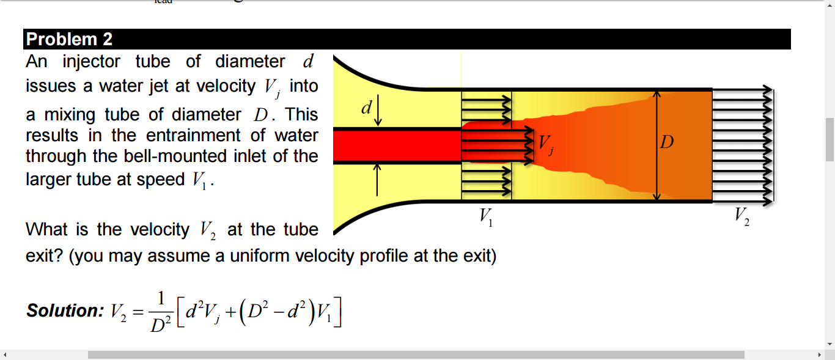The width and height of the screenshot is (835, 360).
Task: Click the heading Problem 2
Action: tap(70, 40)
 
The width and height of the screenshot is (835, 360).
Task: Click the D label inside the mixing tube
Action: tap(667, 143)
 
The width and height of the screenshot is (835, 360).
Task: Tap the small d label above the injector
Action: tap(366, 109)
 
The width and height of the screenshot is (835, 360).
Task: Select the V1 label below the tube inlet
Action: tap(486, 217)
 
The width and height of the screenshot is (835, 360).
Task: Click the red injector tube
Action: tap(397, 146)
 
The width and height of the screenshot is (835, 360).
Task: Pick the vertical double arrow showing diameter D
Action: tap(657, 145)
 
